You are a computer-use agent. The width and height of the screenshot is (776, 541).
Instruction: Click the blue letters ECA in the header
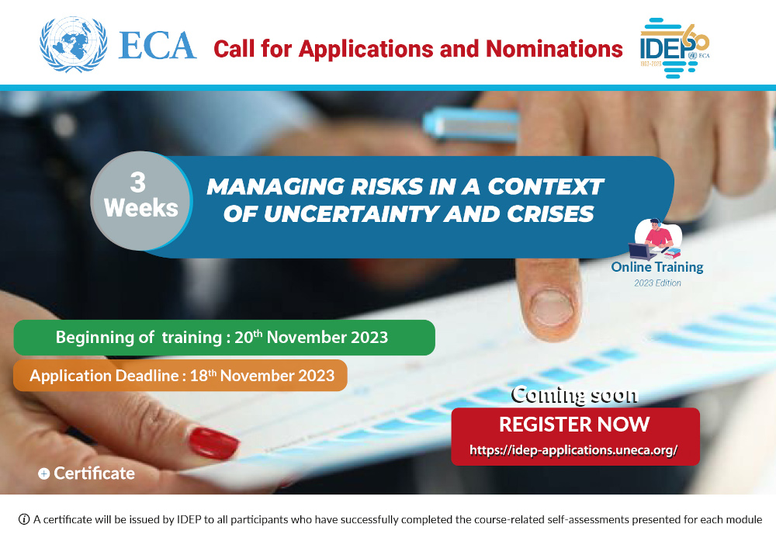tap(158, 45)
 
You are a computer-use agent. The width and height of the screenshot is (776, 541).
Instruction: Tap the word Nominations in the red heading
tap(554, 49)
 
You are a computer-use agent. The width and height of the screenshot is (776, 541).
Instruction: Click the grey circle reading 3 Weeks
tap(140, 196)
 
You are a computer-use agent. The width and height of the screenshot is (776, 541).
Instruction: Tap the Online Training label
tap(656, 267)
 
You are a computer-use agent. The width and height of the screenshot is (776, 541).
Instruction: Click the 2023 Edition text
tap(656, 283)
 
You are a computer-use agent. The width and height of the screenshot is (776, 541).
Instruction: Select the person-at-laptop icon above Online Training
tap(656, 239)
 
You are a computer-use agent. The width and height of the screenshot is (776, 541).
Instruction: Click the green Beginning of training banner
tap(223, 338)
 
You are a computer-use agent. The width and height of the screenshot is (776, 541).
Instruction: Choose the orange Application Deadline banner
tap(181, 376)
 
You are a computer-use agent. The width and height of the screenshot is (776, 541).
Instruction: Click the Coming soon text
tap(574, 394)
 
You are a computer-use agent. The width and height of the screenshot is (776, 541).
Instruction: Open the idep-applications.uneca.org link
tap(574, 450)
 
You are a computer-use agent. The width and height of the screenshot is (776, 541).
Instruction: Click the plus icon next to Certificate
tap(43, 473)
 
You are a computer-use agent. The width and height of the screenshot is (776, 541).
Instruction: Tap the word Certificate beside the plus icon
tap(94, 473)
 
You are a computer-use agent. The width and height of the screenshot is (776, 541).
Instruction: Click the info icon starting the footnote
tap(24, 519)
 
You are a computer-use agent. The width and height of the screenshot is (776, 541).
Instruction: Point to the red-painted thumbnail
tap(213, 443)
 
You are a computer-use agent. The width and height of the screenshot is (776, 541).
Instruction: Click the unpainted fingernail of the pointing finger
tap(552, 307)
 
